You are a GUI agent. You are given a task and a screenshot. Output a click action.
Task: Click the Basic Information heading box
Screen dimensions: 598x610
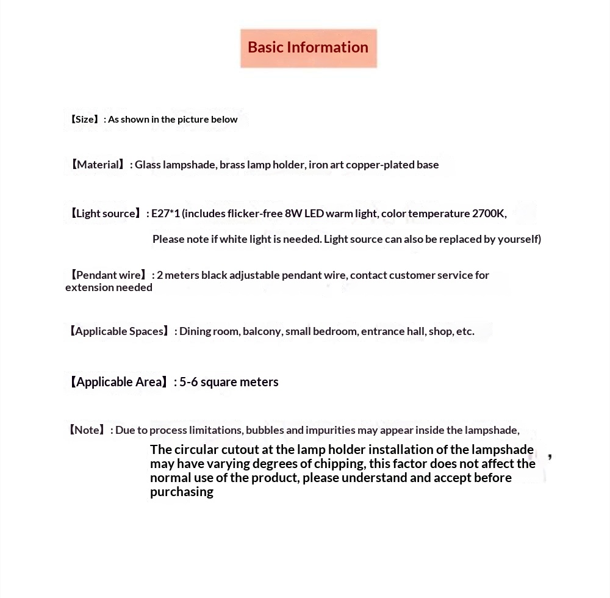point(308,48)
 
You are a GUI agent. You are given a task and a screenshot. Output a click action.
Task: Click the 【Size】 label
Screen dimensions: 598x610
point(84,120)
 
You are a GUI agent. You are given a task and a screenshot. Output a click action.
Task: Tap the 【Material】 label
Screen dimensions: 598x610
point(96,165)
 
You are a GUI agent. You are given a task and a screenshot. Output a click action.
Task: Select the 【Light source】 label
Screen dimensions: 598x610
point(105,214)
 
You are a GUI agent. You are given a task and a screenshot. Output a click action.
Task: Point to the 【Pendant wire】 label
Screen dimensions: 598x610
point(109,275)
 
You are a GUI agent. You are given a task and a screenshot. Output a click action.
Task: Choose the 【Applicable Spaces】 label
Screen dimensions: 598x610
point(119,331)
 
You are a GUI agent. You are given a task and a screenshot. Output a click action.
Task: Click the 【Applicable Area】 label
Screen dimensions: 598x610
point(118,382)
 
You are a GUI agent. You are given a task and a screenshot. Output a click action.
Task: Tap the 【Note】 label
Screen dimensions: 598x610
point(87,430)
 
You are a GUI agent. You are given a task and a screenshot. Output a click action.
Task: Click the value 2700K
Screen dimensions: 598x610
point(489,214)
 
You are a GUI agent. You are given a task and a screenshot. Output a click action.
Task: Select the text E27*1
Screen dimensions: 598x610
point(165,214)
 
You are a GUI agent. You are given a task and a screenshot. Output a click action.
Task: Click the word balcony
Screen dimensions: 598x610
point(262,331)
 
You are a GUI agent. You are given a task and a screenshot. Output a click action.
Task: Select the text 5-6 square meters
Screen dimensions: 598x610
point(229,382)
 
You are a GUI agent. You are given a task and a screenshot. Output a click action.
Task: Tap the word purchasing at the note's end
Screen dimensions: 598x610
point(182,492)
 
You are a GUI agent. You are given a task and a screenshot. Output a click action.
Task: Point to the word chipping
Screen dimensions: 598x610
point(339,464)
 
